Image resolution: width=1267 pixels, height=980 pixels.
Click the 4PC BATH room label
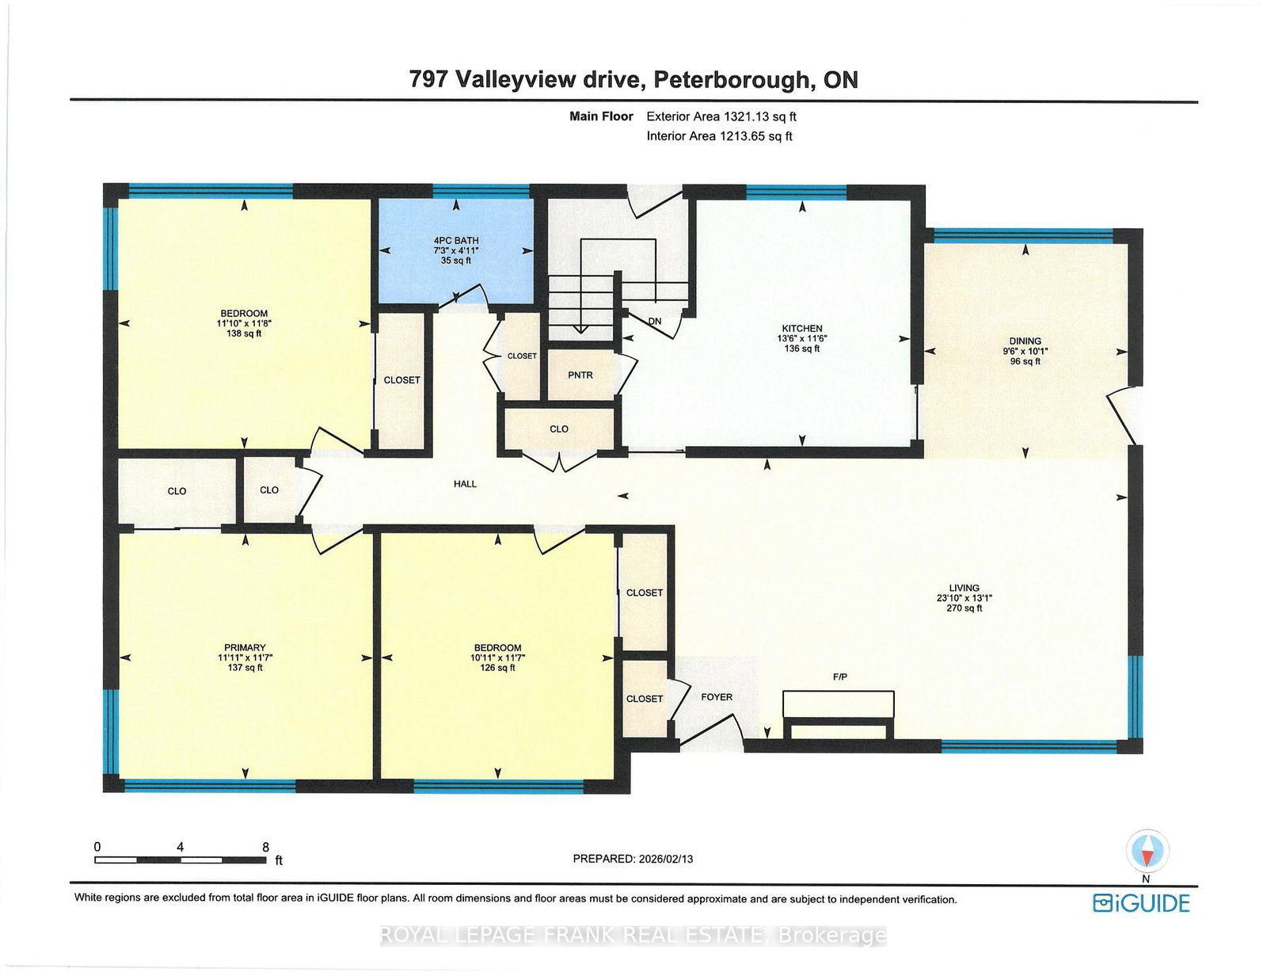[x=455, y=240]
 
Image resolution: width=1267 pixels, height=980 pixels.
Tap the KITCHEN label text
[x=801, y=328]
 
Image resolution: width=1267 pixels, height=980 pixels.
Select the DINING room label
[x=1025, y=341]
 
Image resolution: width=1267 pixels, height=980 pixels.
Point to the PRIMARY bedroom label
[x=245, y=647]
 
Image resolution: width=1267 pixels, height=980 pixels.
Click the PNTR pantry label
[x=580, y=375]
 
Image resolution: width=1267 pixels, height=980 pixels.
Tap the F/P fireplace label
[x=839, y=677]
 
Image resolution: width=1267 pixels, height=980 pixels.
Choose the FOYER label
[x=717, y=697]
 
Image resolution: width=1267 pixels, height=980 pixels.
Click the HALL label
[x=465, y=483]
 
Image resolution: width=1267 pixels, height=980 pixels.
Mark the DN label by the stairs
[x=654, y=321]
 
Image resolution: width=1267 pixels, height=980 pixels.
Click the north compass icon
[x=1147, y=852]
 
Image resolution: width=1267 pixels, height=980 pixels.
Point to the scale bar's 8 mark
[x=265, y=847]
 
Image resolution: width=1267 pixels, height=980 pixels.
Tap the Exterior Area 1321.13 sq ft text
[x=721, y=116]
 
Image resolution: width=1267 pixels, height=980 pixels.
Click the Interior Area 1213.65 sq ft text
[x=719, y=136]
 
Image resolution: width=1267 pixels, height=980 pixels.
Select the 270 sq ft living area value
[x=964, y=608]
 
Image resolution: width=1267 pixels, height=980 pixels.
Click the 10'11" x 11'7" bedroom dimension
[x=497, y=658]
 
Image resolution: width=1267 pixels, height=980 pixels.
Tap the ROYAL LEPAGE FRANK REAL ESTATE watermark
[x=633, y=936]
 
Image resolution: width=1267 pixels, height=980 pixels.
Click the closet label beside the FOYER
[x=644, y=699]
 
